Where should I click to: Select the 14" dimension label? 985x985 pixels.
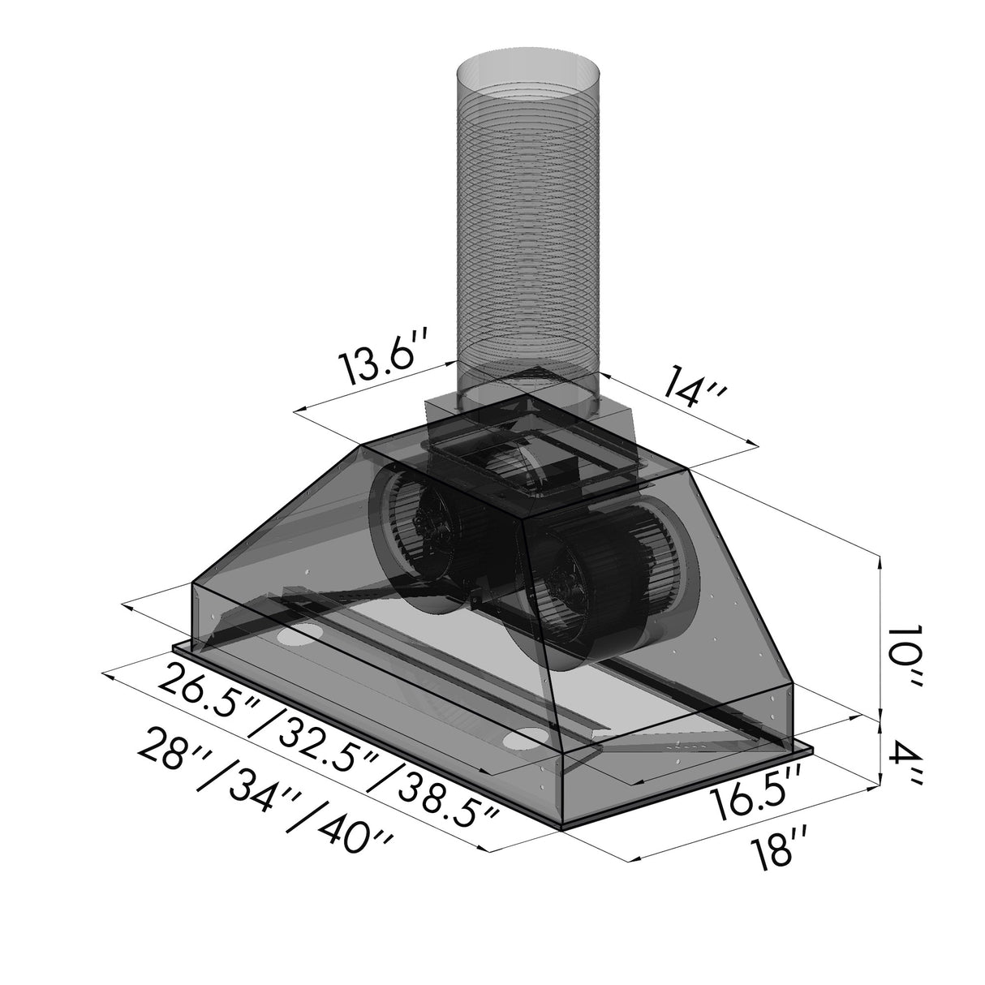pos(690,390)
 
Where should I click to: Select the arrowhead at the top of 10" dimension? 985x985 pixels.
pos(880,559)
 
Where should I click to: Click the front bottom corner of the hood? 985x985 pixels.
pos(561,828)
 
